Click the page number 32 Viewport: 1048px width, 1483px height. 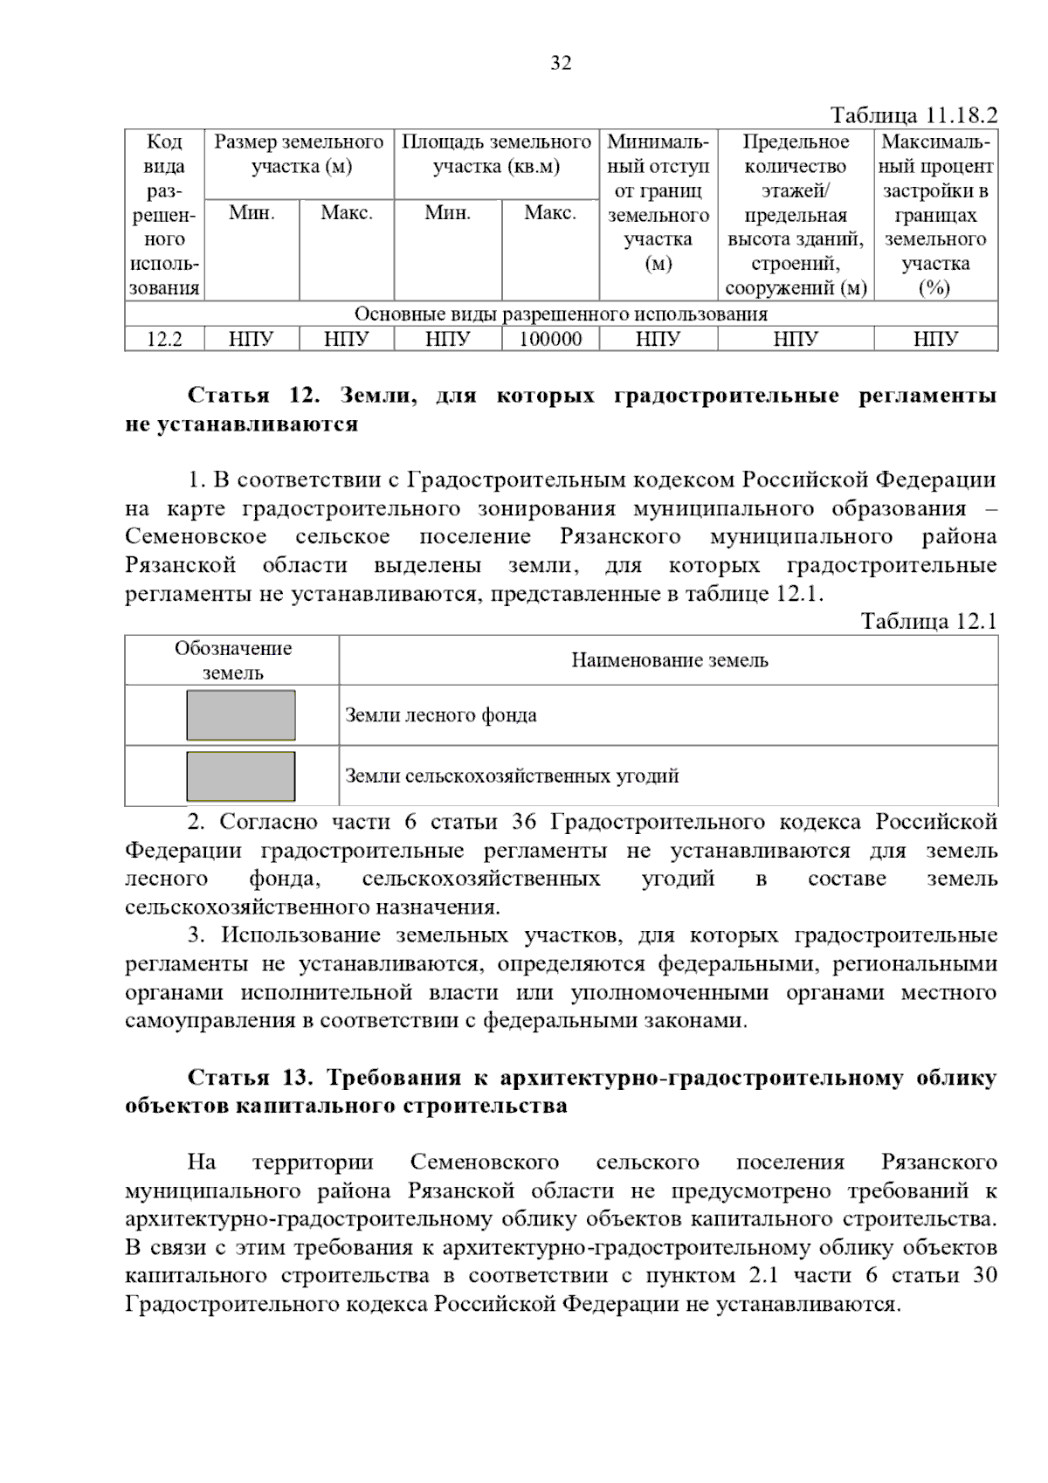pyautogui.click(x=561, y=63)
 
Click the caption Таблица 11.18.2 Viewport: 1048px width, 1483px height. pyautogui.click(x=913, y=116)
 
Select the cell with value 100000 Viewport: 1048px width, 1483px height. pyautogui.click(x=550, y=339)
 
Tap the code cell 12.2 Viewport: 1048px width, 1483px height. pyautogui.click(x=164, y=339)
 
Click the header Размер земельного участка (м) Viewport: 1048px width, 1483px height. pyautogui.click(x=300, y=154)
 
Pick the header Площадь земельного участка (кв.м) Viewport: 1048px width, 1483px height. pyautogui.click(x=496, y=154)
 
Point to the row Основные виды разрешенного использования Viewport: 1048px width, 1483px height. pyautogui.click(x=561, y=314)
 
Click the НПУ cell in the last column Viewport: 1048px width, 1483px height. pyautogui.click(x=935, y=339)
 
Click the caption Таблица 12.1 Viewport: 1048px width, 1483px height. pyautogui.click(x=928, y=621)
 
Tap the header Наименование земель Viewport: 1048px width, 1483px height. pyautogui.click(x=669, y=660)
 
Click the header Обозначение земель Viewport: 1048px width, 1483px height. pyautogui.click(x=232, y=660)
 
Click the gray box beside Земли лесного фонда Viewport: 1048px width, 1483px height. pyautogui.click(x=241, y=715)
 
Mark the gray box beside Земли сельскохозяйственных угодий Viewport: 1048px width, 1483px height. pyautogui.click(x=241, y=776)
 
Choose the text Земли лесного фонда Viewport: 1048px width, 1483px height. pyautogui.click(x=441, y=715)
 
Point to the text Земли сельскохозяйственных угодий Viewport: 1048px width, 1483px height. pyautogui.click(x=512, y=776)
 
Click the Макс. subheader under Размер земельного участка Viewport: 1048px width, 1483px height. pyautogui.click(x=347, y=213)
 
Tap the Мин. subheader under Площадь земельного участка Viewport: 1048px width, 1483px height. pyautogui.click(x=448, y=213)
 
